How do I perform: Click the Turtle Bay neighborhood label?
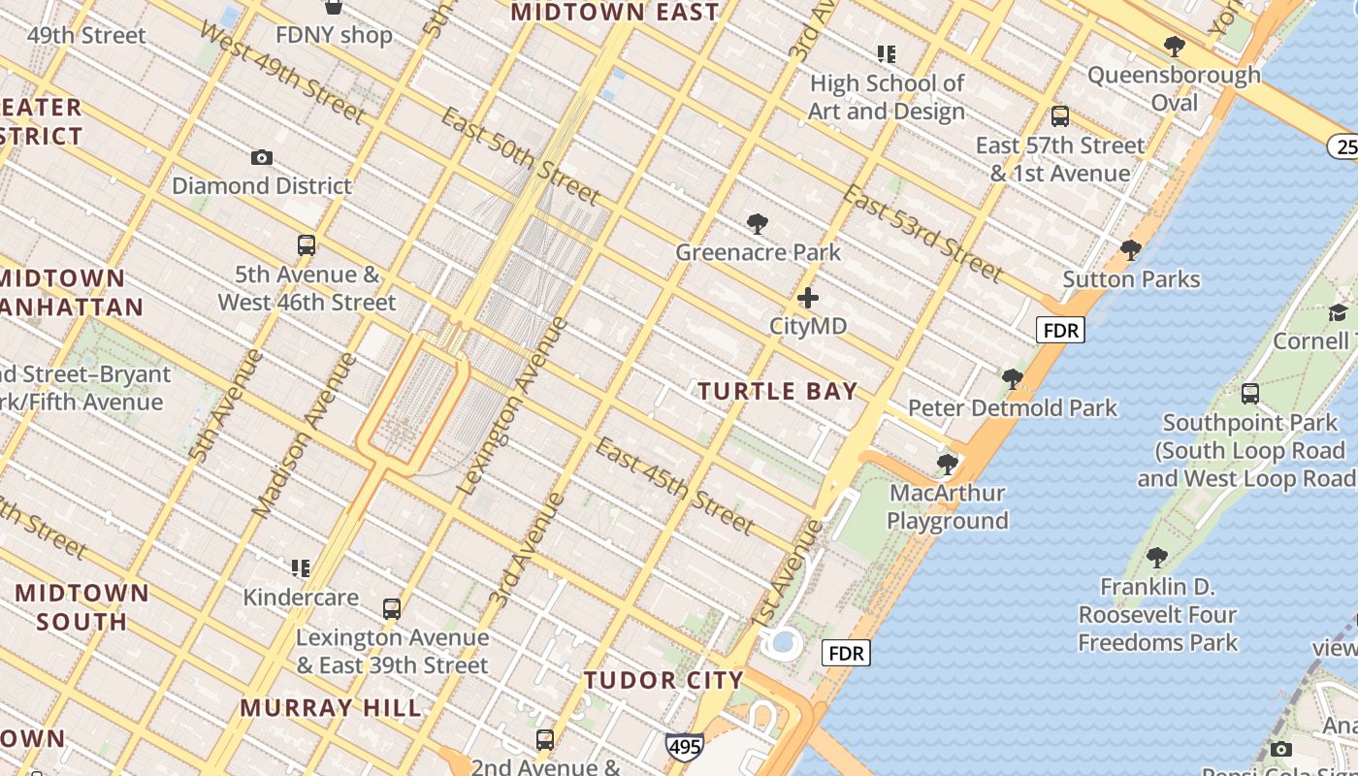(x=778, y=392)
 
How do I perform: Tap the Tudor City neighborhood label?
(x=663, y=680)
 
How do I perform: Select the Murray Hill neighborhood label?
(x=331, y=707)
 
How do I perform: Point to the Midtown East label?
(x=615, y=13)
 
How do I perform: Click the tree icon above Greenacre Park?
(x=758, y=225)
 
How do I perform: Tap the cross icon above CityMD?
(x=807, y=298)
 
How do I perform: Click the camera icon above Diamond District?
(x=261, y=157)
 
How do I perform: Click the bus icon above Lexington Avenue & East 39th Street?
(x=392, y=609)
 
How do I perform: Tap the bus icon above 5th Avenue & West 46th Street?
(x=307, y=245)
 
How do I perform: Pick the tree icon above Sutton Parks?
(x=1130, y=250)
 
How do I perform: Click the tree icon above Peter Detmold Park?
(x=1013, y=378)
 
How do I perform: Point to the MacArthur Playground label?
(x=948, y=506)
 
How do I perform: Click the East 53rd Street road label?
(x=921, y=232)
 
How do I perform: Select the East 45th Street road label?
(x=674, y=485)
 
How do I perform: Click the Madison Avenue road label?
(x=304, y=435)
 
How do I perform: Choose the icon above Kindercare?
(x=301, y=567)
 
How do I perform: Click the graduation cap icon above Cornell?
(x=1338, y=312)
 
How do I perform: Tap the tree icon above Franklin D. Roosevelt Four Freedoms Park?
(x=1156, y=557)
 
